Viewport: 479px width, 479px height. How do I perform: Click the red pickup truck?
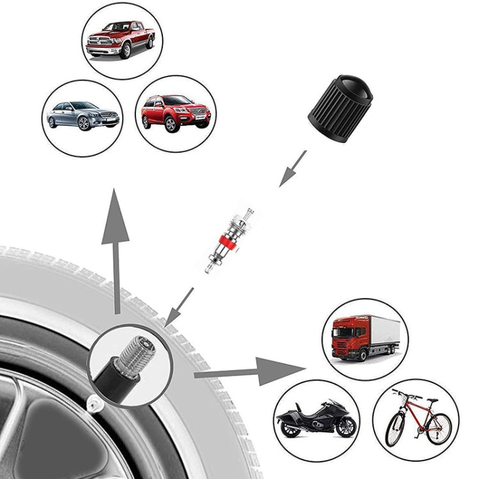(x=121, y=40)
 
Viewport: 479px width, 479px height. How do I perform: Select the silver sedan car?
(x=82, y=114)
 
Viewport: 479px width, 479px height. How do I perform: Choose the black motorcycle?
(x=316, y=419)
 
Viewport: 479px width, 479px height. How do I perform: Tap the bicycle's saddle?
(x=432, y=400)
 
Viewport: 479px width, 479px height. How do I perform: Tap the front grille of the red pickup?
(x=100, y=44)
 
